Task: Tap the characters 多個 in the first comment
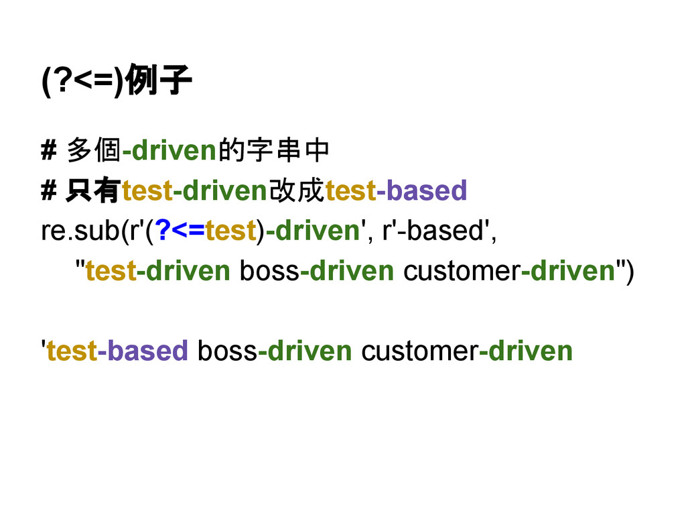point(93,152)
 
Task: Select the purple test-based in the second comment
point(395,191)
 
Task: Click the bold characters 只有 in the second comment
point(92,192)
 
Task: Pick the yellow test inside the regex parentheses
point(230,231)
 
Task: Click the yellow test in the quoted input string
point(111,271)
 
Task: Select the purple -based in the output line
point(143,351)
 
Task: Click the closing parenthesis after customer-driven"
point(627,271)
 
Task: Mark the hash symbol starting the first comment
point(48,152)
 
